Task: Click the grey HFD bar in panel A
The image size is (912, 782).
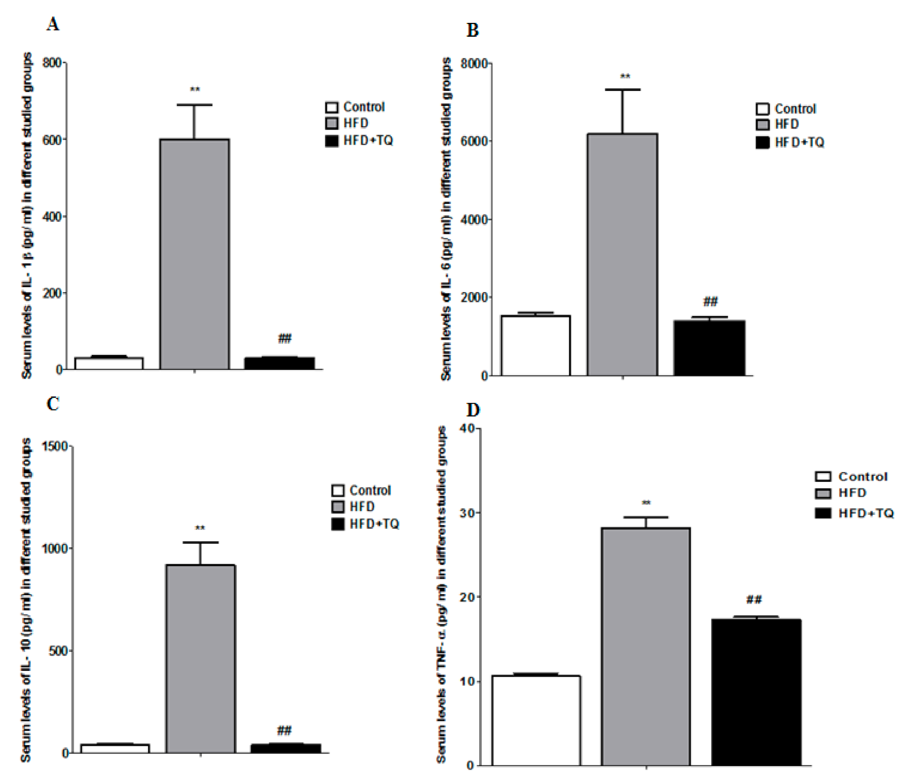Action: (194, 254)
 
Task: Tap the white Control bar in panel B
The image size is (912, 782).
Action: (536, 346)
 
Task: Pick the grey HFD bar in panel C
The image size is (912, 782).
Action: (200, 659)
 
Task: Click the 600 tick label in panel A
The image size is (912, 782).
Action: (52, 140)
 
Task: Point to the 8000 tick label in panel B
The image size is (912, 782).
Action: (474, 64)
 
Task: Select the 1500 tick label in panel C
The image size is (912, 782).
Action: (54, 446)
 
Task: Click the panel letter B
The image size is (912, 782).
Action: (472, 31)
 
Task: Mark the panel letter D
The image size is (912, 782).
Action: (473, 410)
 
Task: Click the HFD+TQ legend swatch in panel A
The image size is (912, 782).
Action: (332, 141)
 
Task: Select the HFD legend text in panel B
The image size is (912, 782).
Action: (786, 124)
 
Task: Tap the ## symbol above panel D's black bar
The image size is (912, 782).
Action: (754, 599)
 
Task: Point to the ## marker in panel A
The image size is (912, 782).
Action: (284, 338)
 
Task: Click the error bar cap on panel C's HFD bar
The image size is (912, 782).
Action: (200, 542)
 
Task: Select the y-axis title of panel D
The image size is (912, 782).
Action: (441, 594)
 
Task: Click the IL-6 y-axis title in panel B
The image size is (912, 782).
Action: (446, 219)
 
